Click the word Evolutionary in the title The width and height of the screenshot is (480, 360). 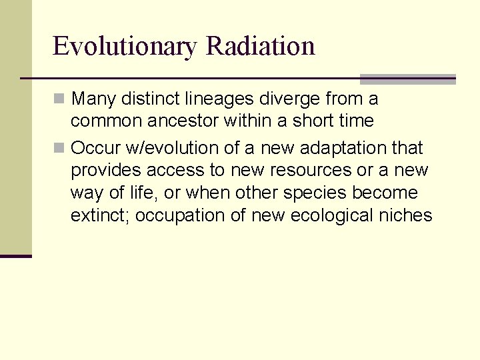pos(125,47)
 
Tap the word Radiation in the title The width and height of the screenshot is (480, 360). pos(261,46)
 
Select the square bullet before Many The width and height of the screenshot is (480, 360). pos(60,99)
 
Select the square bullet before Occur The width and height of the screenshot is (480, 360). pos(60,147)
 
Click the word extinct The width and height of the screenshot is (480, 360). pos(95,216)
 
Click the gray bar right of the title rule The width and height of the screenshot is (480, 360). pos(407,79)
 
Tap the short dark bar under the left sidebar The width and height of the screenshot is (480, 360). pos(15,256)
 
